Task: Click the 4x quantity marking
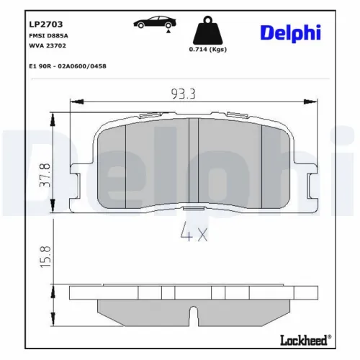click(191, 233)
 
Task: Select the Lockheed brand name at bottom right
click(303, 340)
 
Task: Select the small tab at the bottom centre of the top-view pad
click(192, 207)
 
